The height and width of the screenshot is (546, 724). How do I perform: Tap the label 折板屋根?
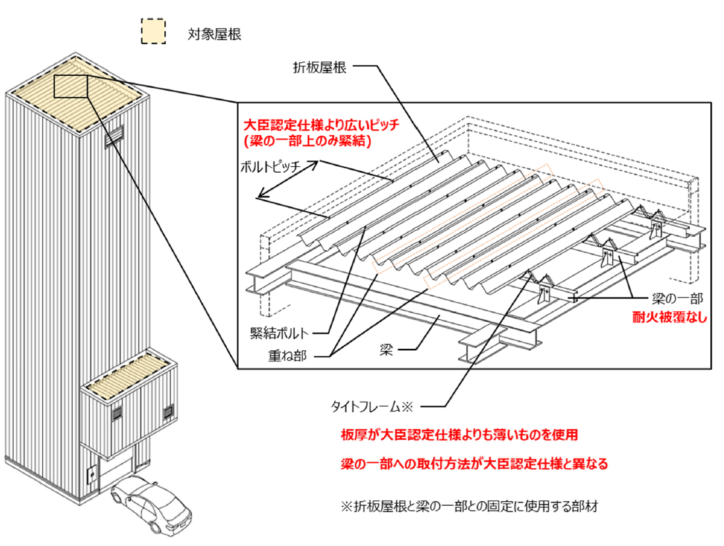point(322,66)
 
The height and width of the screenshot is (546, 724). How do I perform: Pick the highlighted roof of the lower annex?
point(129,373)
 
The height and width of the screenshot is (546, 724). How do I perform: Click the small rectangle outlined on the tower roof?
point(70,87)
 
